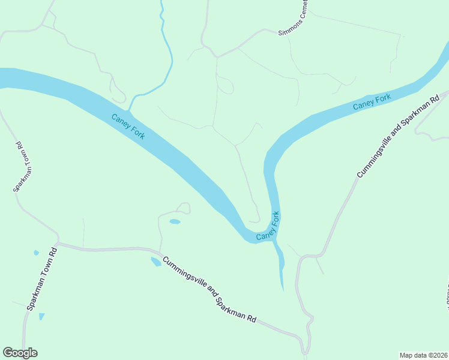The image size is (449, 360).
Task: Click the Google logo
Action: [x=20, y=353]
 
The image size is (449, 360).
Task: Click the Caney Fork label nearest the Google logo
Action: [x=128, y=127]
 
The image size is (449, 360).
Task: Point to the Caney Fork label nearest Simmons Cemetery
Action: [x=372, y=102]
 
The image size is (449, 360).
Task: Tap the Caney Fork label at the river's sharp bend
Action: [x=268, y=227]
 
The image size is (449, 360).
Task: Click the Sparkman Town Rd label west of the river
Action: [x=23, y=167]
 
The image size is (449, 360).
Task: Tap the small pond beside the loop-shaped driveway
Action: [x=175, y=222]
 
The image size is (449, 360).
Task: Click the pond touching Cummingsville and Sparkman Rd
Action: [x=155, y=262]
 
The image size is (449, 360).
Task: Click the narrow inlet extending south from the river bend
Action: [x=280, y=264]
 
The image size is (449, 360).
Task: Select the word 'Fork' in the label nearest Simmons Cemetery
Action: [x=382, y=98]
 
